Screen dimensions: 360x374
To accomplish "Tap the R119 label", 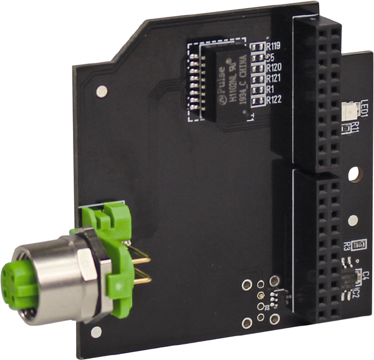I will pyautogui.click(x=273, y=46).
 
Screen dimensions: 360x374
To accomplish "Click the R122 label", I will pyautogui.click(x=274, y=100).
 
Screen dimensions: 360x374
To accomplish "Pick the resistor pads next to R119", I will pyautogui.click(x=257, y=46).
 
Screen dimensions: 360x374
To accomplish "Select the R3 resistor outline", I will pyautogui.click(x=358, y=245).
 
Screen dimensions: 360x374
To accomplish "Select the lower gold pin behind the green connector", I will pyautogui.click(x=142, y=280).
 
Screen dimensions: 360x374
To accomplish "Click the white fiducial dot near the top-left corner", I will pyautogui.click(x=101, y=92).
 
